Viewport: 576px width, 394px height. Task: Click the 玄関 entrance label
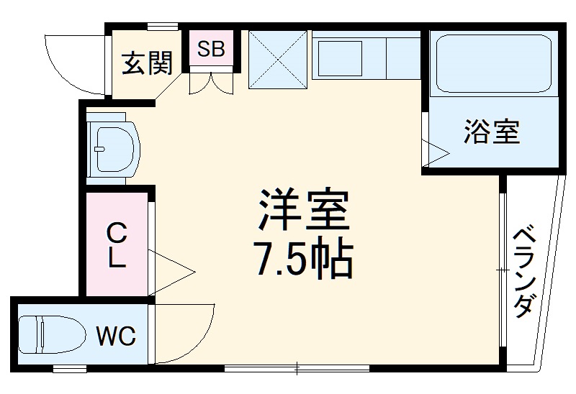click(147, 64)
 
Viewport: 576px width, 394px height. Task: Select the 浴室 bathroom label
click(492, 132)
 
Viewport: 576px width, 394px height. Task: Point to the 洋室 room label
click(302, 209)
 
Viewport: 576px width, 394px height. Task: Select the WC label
click(116, 336)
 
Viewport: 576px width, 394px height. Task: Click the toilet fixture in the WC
click(43, 336)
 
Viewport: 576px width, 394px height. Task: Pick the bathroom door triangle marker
click(436, 151)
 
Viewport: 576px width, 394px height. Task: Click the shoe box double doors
click(211, 83)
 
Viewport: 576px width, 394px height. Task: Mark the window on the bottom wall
click(297, 370)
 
